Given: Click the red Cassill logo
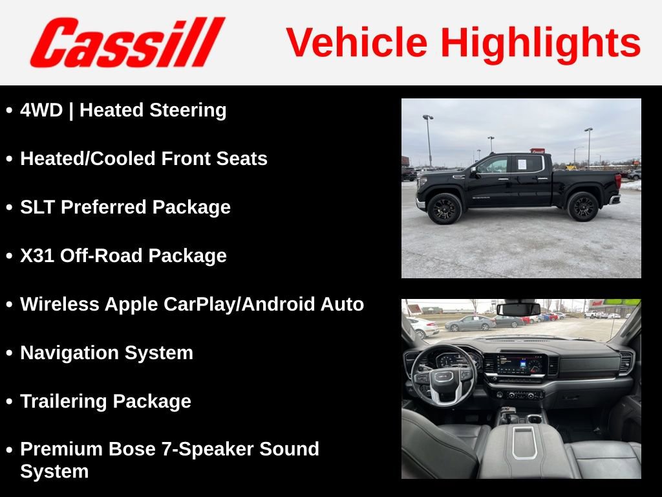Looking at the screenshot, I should (127, 42).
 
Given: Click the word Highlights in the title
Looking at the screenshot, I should (540, 43).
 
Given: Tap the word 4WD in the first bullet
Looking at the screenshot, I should (41, 110).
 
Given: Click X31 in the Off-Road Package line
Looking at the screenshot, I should (37, 256).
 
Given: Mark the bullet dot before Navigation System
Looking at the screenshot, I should (9, 353).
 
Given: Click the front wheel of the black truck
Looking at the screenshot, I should (444, 208).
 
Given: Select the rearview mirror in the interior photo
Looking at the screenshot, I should (518, 309).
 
